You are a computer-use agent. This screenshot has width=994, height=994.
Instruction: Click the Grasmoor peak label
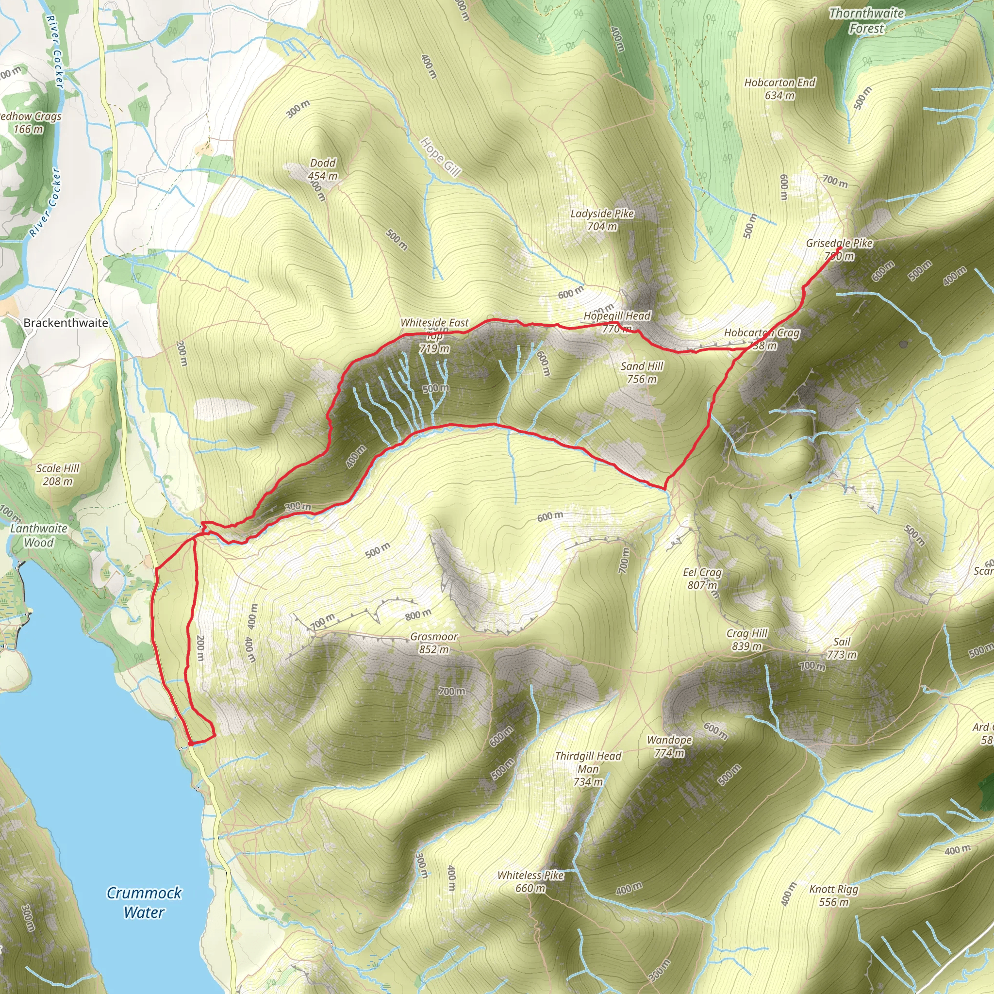pyautogui.click(x=434, y=643)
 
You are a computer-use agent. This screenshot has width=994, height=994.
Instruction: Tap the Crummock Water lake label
pyautogui.click(x=144, y=902)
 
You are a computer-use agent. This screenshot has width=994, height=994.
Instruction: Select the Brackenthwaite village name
pyautogui.click(x=66, y=323)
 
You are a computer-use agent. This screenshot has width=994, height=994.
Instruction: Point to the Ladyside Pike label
pyautogui.click(x=602, y=219)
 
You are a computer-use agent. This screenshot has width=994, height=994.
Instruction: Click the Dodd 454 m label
pyautogui.click(x=323, y=169)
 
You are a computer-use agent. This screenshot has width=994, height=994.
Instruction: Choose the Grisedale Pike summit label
pyautogui.click(x=839, y=249)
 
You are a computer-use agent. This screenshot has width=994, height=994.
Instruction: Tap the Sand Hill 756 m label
pyautogui.click(x=642, y=372)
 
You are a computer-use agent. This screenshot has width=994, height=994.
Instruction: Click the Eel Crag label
pyautogui.click(x=702, y=578)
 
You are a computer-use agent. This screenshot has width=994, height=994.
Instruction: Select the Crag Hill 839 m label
pyautogui.click(x=746, y=639)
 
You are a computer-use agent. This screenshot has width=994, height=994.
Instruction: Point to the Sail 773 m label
pyautogui.click(x=842, y=648)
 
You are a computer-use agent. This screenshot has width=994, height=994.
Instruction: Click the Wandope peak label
pyautogui.click(x=669, y=746)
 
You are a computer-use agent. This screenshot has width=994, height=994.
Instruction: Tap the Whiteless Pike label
pyautogui.click(x=530, y=881)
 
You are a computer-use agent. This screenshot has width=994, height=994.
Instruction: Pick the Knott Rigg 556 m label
pyautogui.click(x=833, y=895)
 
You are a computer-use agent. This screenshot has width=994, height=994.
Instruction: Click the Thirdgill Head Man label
pyautogui.click(x=588, y=768)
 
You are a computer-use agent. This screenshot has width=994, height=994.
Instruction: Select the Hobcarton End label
pyautogui.click(x=779, y=88)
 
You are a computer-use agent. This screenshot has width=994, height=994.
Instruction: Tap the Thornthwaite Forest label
pyautogui.click(x=866, y=20)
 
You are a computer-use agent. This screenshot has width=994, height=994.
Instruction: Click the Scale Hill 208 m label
pyautogui.click(x=58, y=474)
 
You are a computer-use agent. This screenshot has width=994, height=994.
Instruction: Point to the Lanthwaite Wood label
pyautogui.click(x=39, y=535)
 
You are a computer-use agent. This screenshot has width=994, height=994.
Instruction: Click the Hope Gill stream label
pyautogui.click(x=440, y=156)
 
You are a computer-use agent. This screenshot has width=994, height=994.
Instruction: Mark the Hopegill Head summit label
pyautogui.click(x=617, y=322)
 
